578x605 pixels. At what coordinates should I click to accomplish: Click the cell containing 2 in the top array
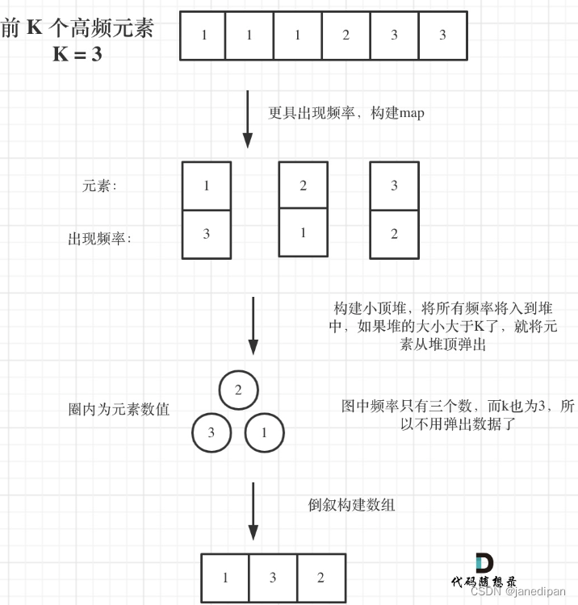[x=346, y=35]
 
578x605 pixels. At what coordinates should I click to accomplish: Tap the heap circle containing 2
[x=238, y=390]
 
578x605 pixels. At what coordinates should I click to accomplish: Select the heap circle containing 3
[x=212, y=432]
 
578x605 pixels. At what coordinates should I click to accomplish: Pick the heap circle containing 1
[x=264, y=432]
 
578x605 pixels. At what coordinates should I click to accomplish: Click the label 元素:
[x=99, y=186]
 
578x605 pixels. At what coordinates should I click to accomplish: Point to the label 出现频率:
[x=99, y=239]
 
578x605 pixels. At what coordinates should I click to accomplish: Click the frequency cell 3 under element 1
[x=207, y=234]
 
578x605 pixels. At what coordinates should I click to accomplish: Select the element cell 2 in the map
[x=303, y=186]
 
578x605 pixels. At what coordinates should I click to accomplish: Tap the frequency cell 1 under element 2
[x=303, y=233]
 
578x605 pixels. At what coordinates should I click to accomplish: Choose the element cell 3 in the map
[x=394, y=186]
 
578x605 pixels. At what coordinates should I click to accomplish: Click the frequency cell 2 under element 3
[x=394, y=234]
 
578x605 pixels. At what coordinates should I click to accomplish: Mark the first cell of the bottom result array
[x=225, y=578]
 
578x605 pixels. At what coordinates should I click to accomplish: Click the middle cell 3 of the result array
[x=273, y=578]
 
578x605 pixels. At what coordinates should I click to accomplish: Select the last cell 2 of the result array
[x=320, y=578]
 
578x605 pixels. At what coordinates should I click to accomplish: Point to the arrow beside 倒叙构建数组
[x=253, y=511]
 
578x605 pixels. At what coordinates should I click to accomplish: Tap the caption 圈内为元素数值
[x=119, y=409]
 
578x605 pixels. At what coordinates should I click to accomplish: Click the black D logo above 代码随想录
[x=484, y=564]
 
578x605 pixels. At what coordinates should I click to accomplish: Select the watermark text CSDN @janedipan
[x=521, y=591]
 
